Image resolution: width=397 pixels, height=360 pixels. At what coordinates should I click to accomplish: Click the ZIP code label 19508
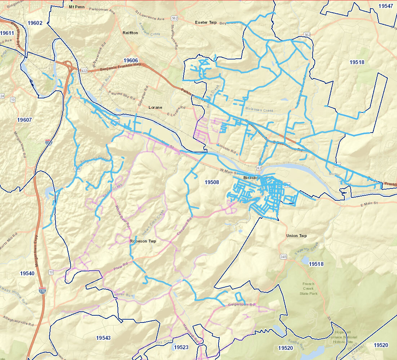tap(212, 182)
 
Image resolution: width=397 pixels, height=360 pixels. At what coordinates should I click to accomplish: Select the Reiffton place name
tap(130, 33)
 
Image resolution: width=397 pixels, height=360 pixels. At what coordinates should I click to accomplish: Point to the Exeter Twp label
tap(206, 22)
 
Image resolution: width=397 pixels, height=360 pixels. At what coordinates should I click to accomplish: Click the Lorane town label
tap(155, 107)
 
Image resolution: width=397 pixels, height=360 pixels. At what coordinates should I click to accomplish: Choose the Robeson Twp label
tap(143, 241)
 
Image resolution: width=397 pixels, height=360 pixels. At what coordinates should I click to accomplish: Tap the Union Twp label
tap(296, 236)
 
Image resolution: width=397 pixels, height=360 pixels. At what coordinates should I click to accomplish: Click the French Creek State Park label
tap(308, 289)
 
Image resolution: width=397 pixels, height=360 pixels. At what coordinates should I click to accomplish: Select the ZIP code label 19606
tap(131, 60)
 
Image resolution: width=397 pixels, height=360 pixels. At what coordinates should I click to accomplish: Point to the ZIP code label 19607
tap(25, 120)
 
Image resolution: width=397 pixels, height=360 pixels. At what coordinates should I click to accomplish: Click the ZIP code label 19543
tap(103, 338)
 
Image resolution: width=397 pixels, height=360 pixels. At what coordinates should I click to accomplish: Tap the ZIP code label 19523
tap(181, 347)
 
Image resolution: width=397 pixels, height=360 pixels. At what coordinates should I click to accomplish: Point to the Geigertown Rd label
tap(242, 305)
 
